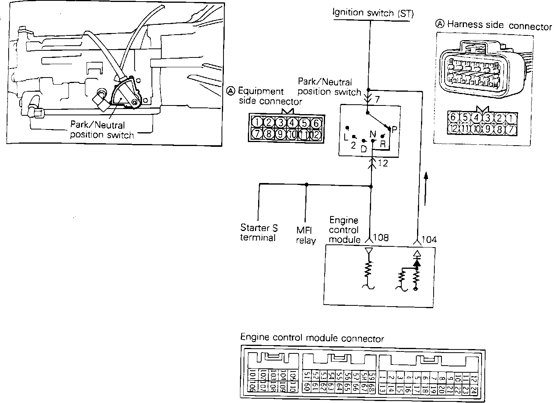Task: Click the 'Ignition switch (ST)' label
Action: point(373,13)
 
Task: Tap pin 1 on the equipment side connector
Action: point(257,122)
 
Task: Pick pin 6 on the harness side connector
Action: point(453,117)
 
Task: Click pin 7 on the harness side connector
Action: point(512,129)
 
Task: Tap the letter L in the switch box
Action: point(346,137)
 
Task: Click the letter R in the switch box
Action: point(382,144)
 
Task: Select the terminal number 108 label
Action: point(381,238)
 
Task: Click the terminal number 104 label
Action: point(429,239)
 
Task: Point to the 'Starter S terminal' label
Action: point(259,233)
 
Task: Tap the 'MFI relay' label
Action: point(306,235)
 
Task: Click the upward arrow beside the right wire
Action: point(426,189)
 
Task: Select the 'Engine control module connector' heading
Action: point(312,338)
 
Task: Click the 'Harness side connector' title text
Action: point(499,26)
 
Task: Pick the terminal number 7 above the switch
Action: point(377,100)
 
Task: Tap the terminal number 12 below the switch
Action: point(382,163)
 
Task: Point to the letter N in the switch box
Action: point(373,134)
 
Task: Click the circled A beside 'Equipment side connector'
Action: point(231,91)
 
